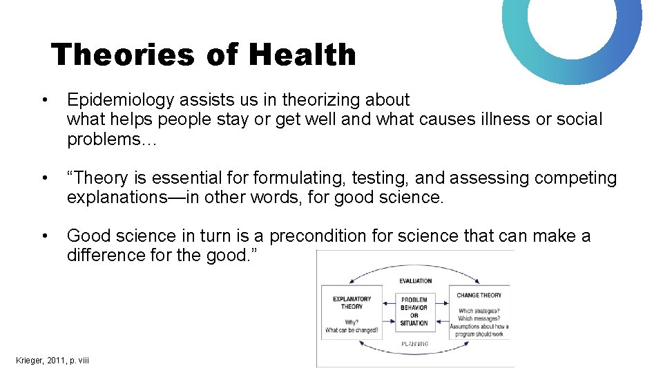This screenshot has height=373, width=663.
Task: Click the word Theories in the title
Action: [122, 55]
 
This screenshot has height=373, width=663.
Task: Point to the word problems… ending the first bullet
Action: [113, 139]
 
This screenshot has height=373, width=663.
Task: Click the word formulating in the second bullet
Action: [299, 178]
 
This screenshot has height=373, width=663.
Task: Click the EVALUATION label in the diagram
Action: [416, 281]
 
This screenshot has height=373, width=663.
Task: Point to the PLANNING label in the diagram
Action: [414, 343]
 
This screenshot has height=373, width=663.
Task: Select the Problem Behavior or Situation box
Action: [414, 312]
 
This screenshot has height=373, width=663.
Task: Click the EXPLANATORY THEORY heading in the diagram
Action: [352, 303]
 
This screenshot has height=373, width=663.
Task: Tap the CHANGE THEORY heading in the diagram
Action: [479, 295]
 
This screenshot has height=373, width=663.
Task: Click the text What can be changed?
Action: [352, 330]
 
